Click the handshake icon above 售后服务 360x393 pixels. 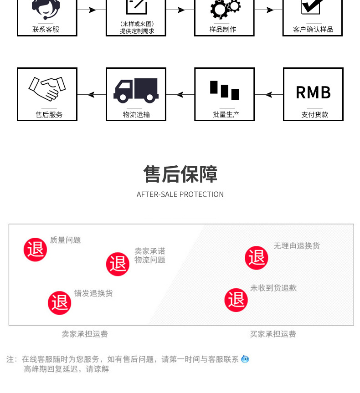tap(47, 88)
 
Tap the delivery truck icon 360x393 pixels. tap(136, 90)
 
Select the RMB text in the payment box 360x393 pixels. tap(313, 92)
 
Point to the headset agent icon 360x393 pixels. tap(46, 8)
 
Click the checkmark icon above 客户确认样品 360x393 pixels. tap(313, 7)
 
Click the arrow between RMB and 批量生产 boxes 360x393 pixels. tap(268, 95)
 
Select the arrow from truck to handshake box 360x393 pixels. tap(91, 95)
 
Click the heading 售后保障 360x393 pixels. tap(180, 174)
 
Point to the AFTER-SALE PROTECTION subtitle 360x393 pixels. tap(180, 194)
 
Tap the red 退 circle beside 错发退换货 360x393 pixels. tap(60, 302)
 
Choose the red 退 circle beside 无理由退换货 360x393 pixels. tap(257, 258)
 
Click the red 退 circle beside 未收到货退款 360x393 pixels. tap(236, 300)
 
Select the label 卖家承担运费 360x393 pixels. tap(85, 334)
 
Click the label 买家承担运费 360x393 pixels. tap(273, 334)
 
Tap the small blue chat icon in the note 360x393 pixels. tap(245, 359)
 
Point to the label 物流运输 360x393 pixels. tap(136, 114)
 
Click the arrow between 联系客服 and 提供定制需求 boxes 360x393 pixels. tap(91, 10)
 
